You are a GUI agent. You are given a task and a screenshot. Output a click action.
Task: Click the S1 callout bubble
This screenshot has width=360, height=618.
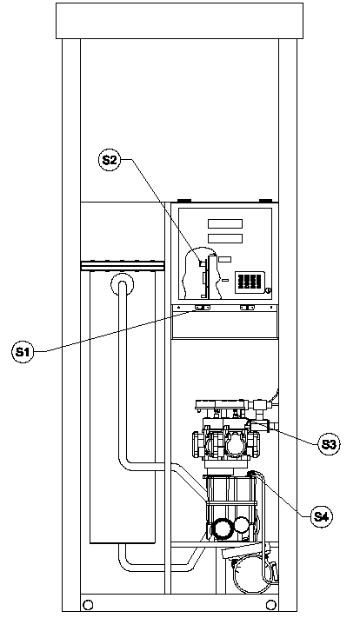click(23, 352)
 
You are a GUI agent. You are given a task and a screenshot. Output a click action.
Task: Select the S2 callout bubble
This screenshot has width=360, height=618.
click(110, 160)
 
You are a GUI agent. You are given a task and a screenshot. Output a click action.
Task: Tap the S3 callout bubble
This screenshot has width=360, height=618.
click(328, 444)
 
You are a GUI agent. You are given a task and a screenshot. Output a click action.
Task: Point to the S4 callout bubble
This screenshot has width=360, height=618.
click(321, 516)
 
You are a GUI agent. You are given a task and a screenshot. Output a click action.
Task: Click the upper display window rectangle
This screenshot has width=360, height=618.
click(225, 224)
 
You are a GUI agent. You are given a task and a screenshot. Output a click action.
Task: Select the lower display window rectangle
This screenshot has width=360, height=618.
click(225, 238)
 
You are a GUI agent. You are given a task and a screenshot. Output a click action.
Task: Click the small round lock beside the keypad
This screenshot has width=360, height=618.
click(268, 291)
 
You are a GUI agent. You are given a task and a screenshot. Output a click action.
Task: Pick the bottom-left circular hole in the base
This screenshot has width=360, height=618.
click(89, 604)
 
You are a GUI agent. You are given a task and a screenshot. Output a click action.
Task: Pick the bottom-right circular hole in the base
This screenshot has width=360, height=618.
click(271, 604)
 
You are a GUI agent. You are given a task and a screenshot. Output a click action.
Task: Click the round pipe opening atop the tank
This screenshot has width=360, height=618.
click(123, 284)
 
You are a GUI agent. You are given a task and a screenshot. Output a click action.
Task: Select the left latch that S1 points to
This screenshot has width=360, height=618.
click(203, 308)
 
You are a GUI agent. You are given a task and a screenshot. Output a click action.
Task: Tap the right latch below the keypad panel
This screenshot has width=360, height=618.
click(247, 308)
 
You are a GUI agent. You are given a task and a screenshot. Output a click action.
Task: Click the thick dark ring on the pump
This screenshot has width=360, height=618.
click(222, 528)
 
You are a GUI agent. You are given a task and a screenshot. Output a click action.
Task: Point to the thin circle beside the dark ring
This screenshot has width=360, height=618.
click(242, 525)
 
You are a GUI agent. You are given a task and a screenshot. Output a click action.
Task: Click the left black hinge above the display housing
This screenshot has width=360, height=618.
click(184, 201)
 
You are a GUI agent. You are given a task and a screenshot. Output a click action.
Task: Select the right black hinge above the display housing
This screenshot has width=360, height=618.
click(265, 201)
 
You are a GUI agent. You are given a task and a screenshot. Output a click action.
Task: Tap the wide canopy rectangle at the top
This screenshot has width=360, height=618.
click(179, 21)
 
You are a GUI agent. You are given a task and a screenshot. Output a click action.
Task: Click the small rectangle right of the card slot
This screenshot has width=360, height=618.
click(224, 259)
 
